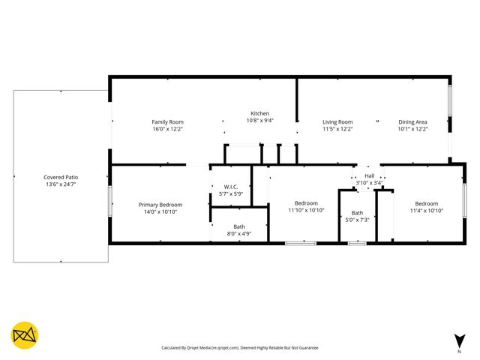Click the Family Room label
click(x=167, y=121)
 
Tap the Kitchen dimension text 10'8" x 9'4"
click(x=259, y=121)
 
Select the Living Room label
click(x=337, y=121)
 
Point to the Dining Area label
click(x=412, y=121)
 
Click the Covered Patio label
click(x=61, y=177)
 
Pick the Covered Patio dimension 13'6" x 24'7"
click(x=61, y=184)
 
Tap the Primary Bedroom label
click(x=160, y=204)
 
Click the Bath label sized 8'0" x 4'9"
click(x=238, y=226)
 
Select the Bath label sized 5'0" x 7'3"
click(x=357, y=212)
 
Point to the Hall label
click(x=369, y=175)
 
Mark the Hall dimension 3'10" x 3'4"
click(x=369, y=182)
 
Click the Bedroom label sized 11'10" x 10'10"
click(x=306, y=203)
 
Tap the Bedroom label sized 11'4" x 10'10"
click(x=426, y=203)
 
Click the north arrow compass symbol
click(x=459, y=339)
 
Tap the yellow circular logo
click(x=25, y=335)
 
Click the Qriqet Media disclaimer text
click(x=240, y=348)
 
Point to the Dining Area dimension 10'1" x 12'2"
click(x=412, y=129)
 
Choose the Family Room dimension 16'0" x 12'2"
click(x=167, y=129)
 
